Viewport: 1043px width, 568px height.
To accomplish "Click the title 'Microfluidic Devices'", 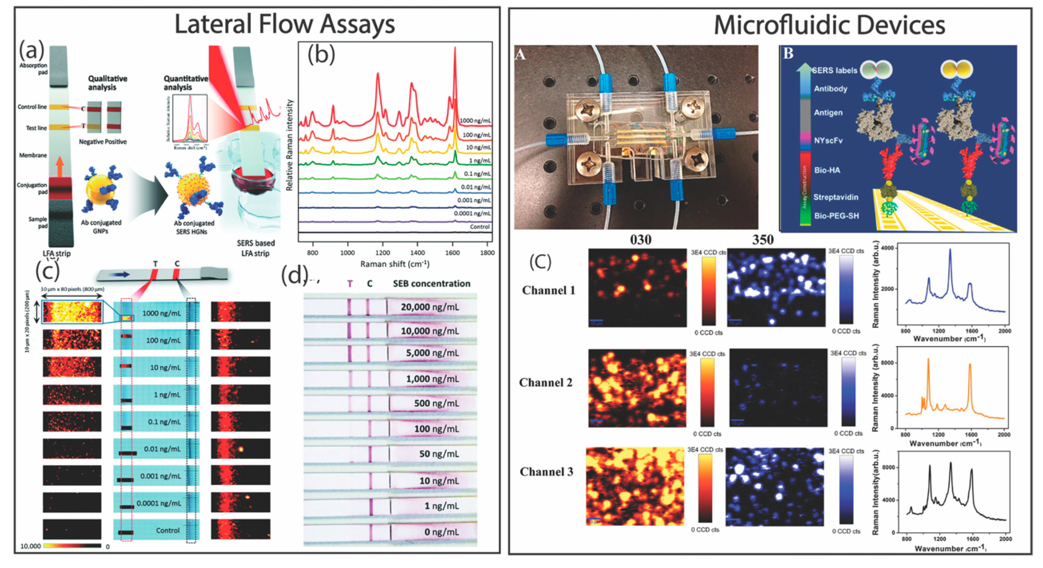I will [x=829, y=25].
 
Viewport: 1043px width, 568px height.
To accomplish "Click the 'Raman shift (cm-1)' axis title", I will [x=394, y=264].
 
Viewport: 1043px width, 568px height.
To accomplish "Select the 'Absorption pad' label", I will [x=33, y=69].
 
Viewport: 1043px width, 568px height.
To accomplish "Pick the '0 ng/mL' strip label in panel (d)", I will [x=441, y=532].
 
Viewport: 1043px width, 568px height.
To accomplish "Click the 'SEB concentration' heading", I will [x=431, y=284].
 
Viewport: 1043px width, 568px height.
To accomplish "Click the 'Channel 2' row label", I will [x=546, y=382].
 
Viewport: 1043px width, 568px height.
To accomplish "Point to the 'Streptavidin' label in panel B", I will [x=835, y=197].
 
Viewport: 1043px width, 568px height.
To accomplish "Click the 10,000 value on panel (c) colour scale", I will [x=30, y=546].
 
